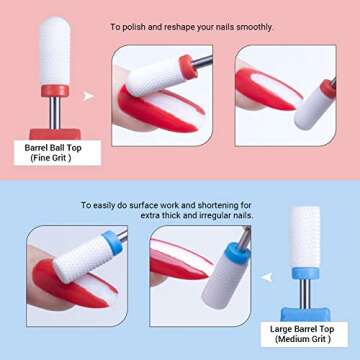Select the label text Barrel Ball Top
(51, 147)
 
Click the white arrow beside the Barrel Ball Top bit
(89, 97)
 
